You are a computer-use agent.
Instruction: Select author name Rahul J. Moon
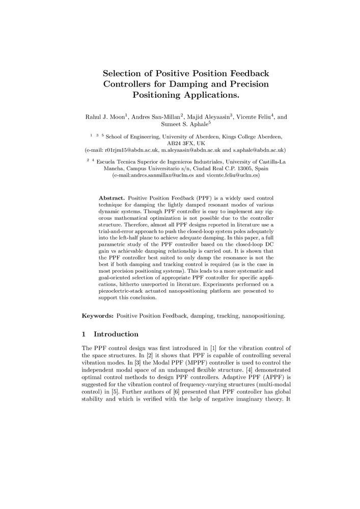pyautogui.click(x=104, y=117)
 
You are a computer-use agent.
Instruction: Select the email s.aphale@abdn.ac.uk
pyautogui.click(x=259, y=150)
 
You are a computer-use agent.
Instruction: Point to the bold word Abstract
pyautogui.click(x=112, y=197)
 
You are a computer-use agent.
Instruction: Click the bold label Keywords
pyautogui.click(x=98, y=316)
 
